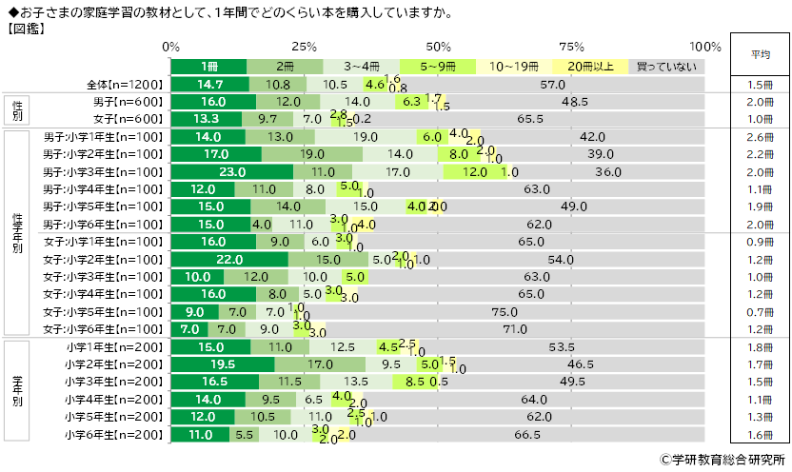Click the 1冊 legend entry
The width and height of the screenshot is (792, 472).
(x=209, y=67)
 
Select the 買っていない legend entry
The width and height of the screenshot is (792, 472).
(x=666, y=67)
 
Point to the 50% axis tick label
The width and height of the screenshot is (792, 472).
(x=439, y=47)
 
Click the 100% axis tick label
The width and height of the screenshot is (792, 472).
(x=705, y=47)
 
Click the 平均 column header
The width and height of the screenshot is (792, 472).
(x=761, y=54)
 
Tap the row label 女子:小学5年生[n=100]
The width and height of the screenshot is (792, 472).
(x=104, y=311)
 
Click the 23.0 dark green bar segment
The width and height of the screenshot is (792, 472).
(x=232, y=172)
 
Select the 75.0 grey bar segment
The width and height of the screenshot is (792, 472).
(x=524, y=311)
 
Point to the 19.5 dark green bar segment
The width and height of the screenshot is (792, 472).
(x=223, y=364)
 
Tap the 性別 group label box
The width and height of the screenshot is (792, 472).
(x=18, y=110)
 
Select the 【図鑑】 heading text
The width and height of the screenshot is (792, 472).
(x=30, y=29)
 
